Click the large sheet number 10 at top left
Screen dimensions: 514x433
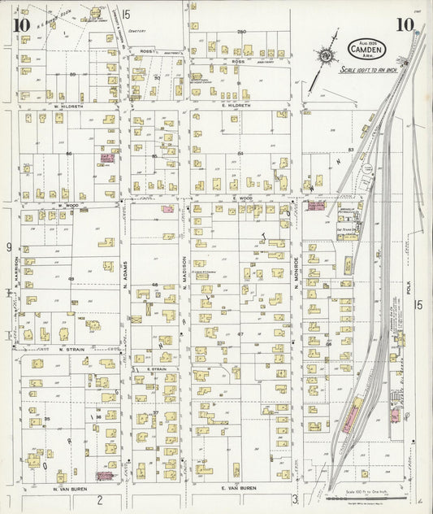(23, 25)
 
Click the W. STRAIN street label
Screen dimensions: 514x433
(72, 349)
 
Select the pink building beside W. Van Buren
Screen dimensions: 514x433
(105, 476)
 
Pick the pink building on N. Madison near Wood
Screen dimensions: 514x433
(167, 209)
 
